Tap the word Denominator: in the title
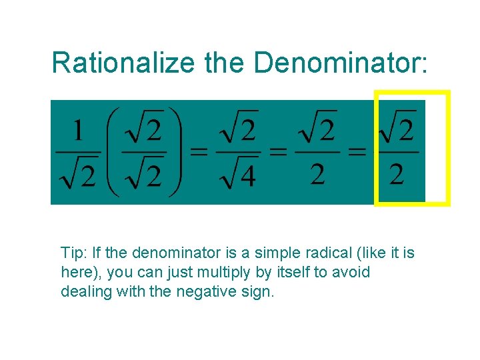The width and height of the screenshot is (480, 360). coord(341,63)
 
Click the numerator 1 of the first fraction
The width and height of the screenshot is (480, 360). coord(78,131)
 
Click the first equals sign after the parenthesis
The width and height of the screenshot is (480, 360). coord(199,151)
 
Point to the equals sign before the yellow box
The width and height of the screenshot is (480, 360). coord(357,151)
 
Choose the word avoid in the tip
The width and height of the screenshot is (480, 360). coord(353,273)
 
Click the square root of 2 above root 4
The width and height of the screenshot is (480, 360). coord(238,130)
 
